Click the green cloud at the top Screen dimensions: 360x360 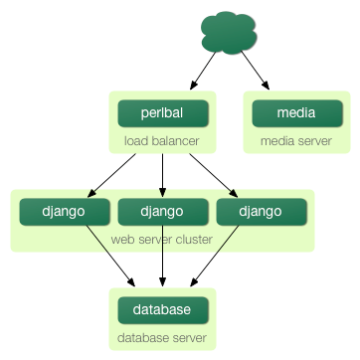click(x=227, y=32)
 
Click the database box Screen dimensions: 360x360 click(x=162, y=310)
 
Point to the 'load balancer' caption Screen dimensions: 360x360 click(x=161, y=141)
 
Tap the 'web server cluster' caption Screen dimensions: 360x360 click(x=162, y=239)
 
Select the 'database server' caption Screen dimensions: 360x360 click(x=162, y=338)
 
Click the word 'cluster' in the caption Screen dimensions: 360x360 click(x=193, y=239)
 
